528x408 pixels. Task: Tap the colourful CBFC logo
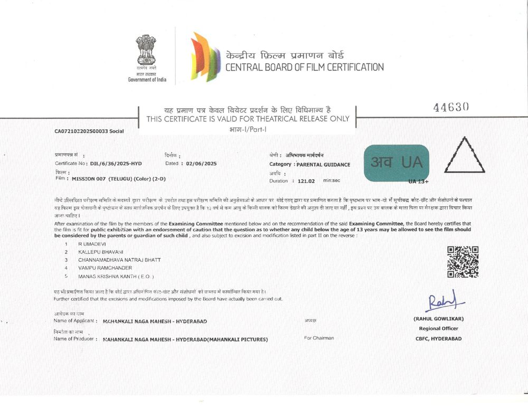click(x=205, y=56)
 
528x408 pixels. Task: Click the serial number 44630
click(x=451, y=107)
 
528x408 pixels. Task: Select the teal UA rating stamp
click(x=397, y=163)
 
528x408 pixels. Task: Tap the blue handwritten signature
click(x=442, y=301)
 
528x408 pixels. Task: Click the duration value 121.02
click(x=306, y=181)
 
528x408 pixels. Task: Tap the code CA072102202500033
click(x=81, y=130)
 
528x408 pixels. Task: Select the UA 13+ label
click(x=418, y=181)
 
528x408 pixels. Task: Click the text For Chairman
click(x=319, y=338)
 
